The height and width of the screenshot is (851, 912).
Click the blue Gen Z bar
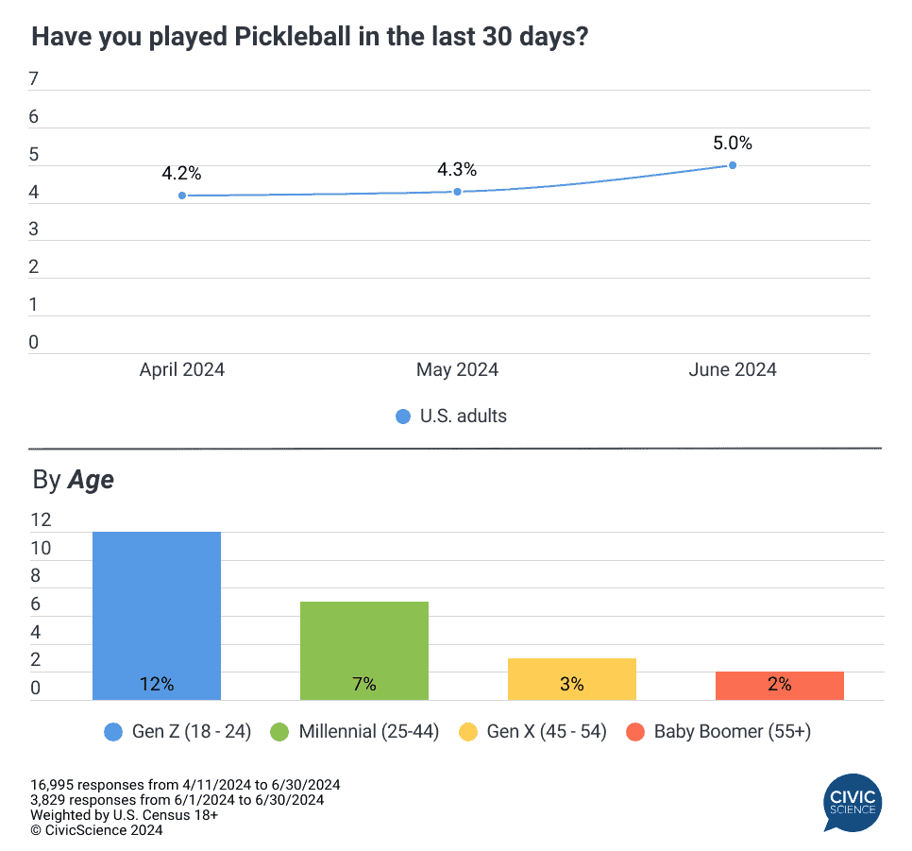pyautogui.click(x=157, y=616)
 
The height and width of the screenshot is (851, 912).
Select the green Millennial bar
pyautogui.click(x=364, y=651)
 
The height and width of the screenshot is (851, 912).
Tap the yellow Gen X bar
pyautogui.click(x=572, y=679)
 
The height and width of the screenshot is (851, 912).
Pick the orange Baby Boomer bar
pyautogui.click(x=780, y=686)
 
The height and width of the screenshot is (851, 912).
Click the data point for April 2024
pyautogui.click(x=182, y=196)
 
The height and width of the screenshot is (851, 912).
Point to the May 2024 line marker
pyautogui.click(x=458, y=192)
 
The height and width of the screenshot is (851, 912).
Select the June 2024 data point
pyautogui.click(x=733, y=165)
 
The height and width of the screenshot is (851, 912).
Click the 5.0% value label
pyautogui.click(x=733, y=144)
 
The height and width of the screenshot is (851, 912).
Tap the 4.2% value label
pyautogui.click(x=181, y=174)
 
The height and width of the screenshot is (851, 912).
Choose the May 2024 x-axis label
pyautogui.click(x=458, y=370)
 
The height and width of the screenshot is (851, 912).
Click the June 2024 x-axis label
pyautogui.click(x=733, y=370)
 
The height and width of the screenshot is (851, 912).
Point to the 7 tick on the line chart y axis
pyautogui.click(x=34, y=80)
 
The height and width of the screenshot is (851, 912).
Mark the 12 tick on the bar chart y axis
pyautogui.click(x=41, y=520)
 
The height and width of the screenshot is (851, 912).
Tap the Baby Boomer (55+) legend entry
pyautogui.click(x=719, y=731)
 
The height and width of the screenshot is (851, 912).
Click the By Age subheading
pyautogui.click(x=73, y=480)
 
